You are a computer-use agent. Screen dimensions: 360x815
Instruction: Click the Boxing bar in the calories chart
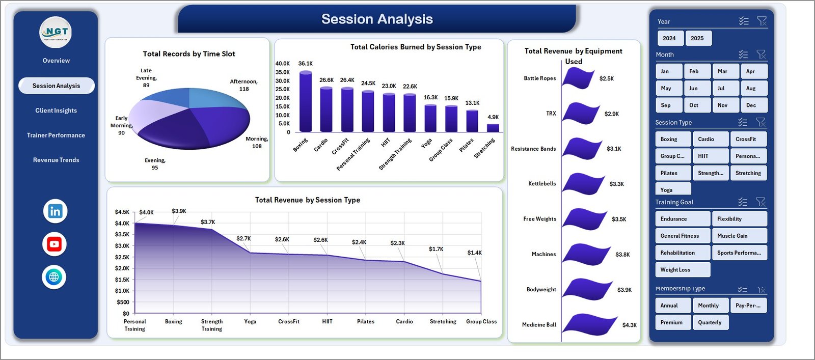click(x=306, y=102)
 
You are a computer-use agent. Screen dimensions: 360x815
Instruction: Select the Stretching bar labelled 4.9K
click(x=493, y=128)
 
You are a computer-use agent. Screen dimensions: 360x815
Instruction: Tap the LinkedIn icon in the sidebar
click(x=55, y=211)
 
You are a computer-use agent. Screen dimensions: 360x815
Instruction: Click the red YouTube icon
click(x=55, y=244)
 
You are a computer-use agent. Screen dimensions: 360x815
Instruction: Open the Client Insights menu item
click(x=56, y=110)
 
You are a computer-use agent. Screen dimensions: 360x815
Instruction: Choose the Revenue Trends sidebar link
click(x=56, y=160)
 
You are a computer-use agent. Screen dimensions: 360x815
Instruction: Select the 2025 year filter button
click(x=697, y=38)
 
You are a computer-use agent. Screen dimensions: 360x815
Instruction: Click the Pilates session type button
click(x=672, y=173)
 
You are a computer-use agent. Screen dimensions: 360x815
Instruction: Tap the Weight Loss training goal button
click(x=682, y=270)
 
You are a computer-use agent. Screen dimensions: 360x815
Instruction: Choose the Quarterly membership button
click(x=710, y=322)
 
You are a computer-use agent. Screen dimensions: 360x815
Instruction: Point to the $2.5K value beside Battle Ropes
click(x=607, y=78)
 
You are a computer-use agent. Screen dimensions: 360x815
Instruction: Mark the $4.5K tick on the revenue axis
click(x=122, y=212)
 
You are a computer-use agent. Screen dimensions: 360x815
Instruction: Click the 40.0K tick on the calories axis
click(x=282, y=64)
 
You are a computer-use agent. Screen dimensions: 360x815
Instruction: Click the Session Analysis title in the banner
click(x=377, y=19)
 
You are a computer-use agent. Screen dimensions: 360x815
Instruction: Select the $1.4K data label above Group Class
click(x=474, y=253)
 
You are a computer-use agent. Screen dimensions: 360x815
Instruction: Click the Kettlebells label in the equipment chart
click(x=542, y=184)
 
